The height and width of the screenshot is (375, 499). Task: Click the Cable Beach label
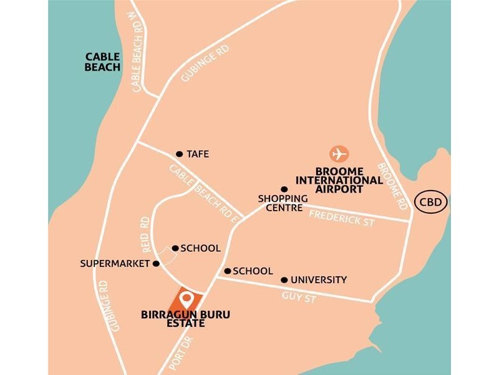[x=102, y=62]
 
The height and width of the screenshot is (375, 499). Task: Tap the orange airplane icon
[x=339, y=154]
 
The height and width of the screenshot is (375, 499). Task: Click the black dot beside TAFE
[x=179, y=154]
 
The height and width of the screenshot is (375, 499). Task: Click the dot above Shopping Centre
[x=284, y=189]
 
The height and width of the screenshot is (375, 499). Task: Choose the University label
[x=318, y=280]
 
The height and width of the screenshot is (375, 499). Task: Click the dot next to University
[x=284, y=280]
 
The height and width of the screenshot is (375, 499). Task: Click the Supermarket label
[x=115, y=264]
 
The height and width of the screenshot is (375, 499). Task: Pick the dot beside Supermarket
[x=156, y=263]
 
